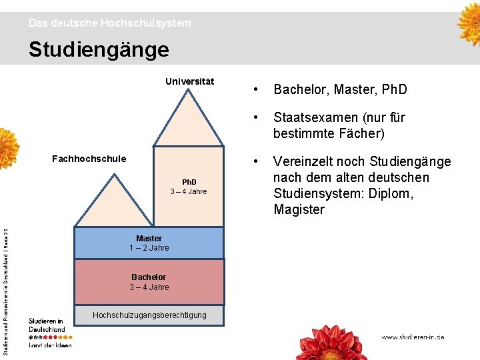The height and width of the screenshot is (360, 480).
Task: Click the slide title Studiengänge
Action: click(x=99, y=49)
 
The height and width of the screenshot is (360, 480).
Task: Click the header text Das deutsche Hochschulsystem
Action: click(x=109, y=23)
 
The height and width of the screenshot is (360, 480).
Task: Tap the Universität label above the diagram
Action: click(x=190, y=81)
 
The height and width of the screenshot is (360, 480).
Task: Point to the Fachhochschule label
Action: click(x=89, y=159)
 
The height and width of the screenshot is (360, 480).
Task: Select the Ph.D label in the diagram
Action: click(x=189, y=182)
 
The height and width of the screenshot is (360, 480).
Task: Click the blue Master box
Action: click(x=149, y=243)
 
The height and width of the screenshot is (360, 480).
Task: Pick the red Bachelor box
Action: click(x=149, y=282)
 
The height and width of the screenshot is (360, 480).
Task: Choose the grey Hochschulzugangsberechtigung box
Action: click(x=149, y=315)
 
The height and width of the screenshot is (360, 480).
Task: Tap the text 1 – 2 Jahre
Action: click(x=149, y=248)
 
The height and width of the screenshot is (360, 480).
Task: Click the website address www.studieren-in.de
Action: click(x=413, y=337)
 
